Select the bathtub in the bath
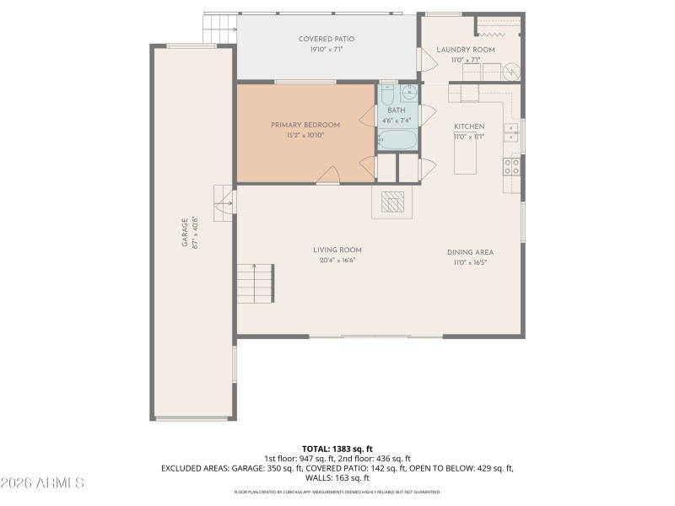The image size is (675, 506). (397, 139)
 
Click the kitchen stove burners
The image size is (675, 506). (512, 166)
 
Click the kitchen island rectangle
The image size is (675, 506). (466, 157)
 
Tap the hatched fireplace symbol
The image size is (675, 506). (393, 202)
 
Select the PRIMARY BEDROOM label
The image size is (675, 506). (305, 125)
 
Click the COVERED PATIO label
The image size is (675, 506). (326, 39)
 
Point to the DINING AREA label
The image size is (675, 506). (470, 252)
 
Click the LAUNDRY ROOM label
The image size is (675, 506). (465, 50)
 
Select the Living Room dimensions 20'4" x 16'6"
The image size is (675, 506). (337, 260)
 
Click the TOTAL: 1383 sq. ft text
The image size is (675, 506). (337, 448)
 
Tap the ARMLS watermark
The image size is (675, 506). (42, 483)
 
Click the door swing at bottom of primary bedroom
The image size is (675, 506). (329, 175)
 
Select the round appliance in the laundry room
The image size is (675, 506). (510, 73)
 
